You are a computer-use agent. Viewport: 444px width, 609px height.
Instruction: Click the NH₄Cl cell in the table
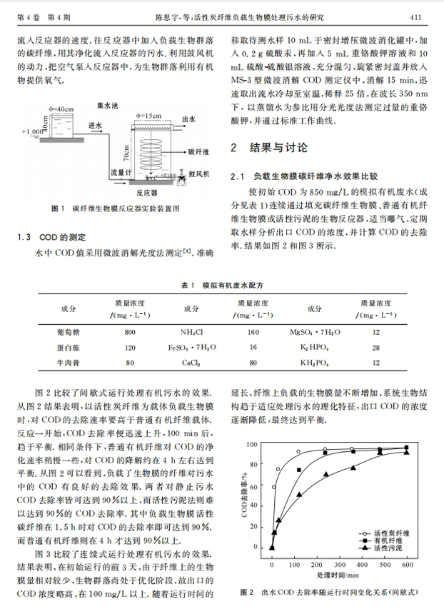tap(191, 332)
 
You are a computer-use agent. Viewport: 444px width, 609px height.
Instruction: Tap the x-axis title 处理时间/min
tap(338, 575)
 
